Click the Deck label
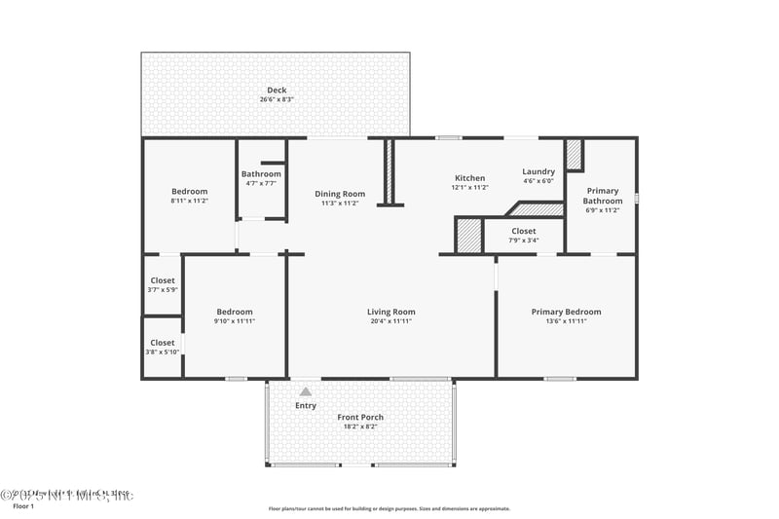277,91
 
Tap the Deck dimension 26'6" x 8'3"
277,99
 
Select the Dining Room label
341,194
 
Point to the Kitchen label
469,178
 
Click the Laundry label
538,171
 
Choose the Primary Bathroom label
603,196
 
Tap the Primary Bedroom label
566,312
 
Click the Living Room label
390,312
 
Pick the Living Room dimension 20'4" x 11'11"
390,321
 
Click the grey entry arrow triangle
305,391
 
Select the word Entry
306,405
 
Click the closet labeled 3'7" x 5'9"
163,284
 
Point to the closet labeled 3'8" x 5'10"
163,347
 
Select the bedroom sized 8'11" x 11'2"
189,195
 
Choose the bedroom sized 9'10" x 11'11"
234,315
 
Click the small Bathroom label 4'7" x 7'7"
261,178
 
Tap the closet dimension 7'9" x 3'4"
524,240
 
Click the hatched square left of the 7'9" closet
469,236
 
